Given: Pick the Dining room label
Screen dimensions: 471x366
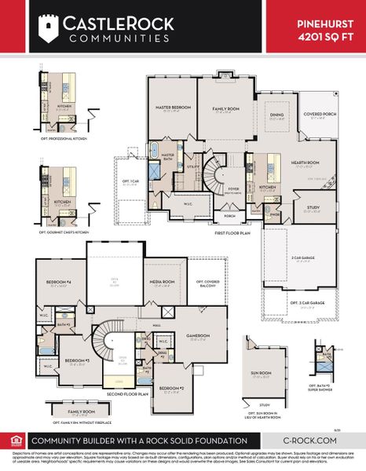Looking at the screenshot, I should [x=276, y=115].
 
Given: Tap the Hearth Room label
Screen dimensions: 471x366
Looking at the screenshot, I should [x=304, y=162].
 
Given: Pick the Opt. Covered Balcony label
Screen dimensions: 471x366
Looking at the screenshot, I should [x=209, y=283].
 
